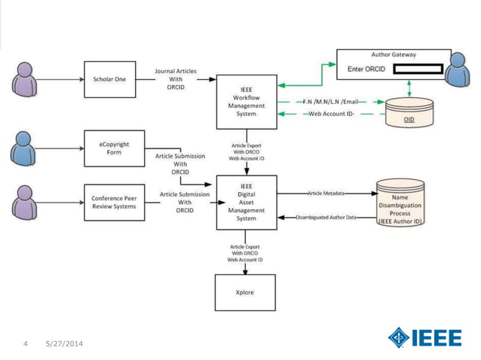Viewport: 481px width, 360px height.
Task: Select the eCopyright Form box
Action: tap(113, 148)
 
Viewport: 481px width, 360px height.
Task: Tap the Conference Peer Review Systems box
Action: tap(113, 202)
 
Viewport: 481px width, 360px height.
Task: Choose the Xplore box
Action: tap(245, 292)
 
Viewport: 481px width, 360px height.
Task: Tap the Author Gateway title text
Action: tap(394, 55)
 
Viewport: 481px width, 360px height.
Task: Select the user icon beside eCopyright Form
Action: tap(23, 148)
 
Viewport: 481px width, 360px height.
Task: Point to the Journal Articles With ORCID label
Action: tap(176, 79)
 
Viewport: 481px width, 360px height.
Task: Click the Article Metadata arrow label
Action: tap(326, 193)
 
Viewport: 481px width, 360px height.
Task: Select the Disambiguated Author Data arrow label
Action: tap(326, 218)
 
